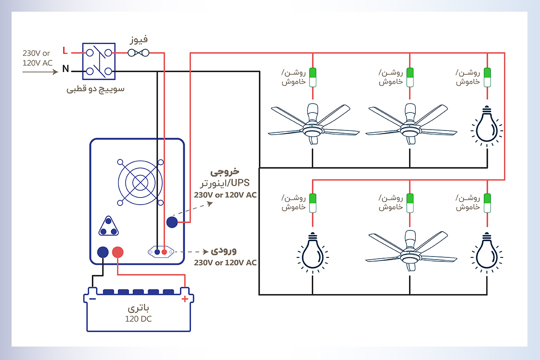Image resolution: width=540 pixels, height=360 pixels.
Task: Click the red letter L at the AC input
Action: pyautogui.click(x=65, y=50)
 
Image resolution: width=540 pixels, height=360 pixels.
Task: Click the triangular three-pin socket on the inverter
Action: pyautogui.click(x=108, y=226)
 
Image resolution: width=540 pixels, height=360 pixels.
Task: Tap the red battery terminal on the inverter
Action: pyautogui.click(x=117, y=252)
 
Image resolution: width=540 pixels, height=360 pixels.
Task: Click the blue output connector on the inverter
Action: pyautogui.click(x=172, y=222)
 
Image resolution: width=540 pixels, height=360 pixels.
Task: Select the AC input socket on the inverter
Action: pyautogui.click(x=161, y=252)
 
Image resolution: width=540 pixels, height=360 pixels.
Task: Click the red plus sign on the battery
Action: pyautogui.click(x=184, y=299)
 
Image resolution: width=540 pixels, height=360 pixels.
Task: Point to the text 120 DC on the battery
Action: pyautogui.click(x=139, y=319)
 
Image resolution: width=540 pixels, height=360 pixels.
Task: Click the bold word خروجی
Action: pyautogui.click(x=225, y=172)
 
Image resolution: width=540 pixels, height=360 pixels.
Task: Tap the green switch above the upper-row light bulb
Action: pyautogui.click(x=487, y=77)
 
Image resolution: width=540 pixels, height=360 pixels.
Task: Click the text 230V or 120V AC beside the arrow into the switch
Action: pyautogui.click(x=38, y=58)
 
